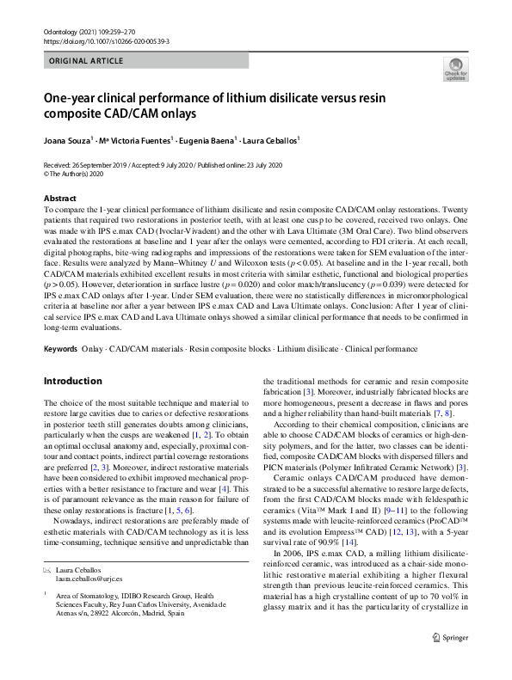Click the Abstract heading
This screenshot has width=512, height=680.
59,198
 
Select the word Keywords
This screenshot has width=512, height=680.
61,373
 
